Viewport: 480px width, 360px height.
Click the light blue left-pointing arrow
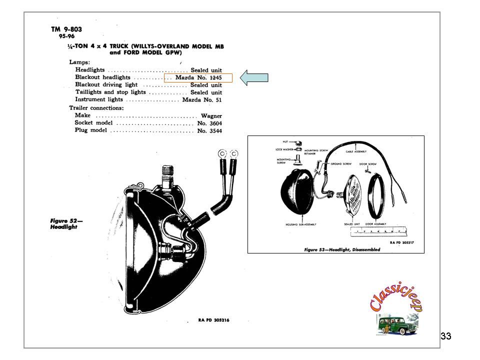pyautogui.click(x=254, y=77)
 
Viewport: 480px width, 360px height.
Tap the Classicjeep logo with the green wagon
pyautogui.click(x=395, y=309)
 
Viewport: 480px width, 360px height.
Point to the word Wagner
pyautogui.click(x=211, y=115)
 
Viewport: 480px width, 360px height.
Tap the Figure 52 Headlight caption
pyautogui.click(x=64, y=223)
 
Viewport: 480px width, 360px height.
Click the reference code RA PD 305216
pyautogui.click(x=214, y=320)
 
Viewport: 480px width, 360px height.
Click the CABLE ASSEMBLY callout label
pyautogui.click(x=356, y=151)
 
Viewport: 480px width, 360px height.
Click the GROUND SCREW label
pyautogui.click(x=341, y=163)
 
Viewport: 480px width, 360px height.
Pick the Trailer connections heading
pyautogui.click(x=96, y=107)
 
